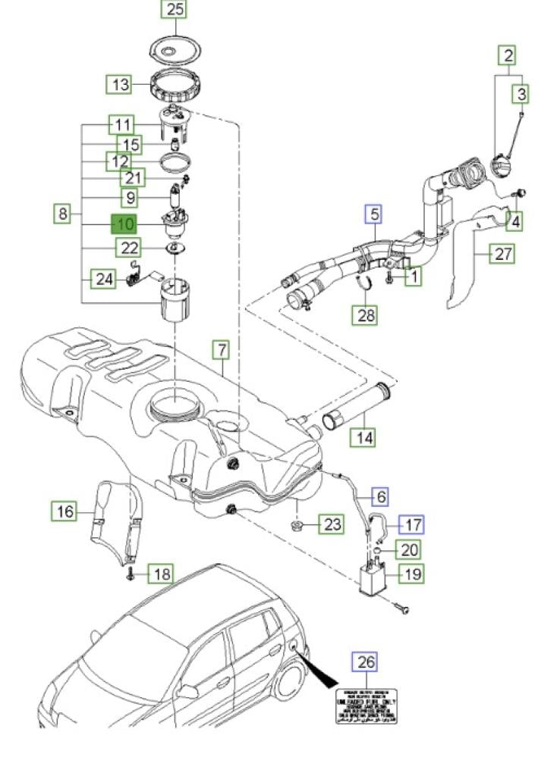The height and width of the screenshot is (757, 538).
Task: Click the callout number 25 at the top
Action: pos(175,10)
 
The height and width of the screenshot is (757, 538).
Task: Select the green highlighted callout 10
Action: pos(124,224)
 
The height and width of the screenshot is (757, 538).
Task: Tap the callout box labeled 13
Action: pos(121,84)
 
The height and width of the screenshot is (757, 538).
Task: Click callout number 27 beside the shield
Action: pos(503,254)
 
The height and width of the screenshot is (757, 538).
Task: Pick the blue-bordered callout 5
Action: pos(374,215)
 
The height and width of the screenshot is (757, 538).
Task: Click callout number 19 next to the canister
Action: pos(412,573)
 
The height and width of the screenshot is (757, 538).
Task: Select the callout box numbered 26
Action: pos(366,662)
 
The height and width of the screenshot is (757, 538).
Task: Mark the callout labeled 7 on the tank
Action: pos(220,350)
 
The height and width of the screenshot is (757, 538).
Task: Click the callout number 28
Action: pos(367,315)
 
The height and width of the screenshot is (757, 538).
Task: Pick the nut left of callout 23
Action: pos(297,524)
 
